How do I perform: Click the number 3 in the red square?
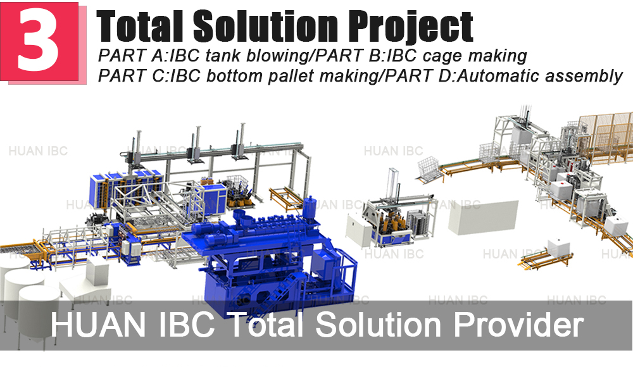[x=39, y=39]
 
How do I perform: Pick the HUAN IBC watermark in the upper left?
[x=38, y=151]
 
